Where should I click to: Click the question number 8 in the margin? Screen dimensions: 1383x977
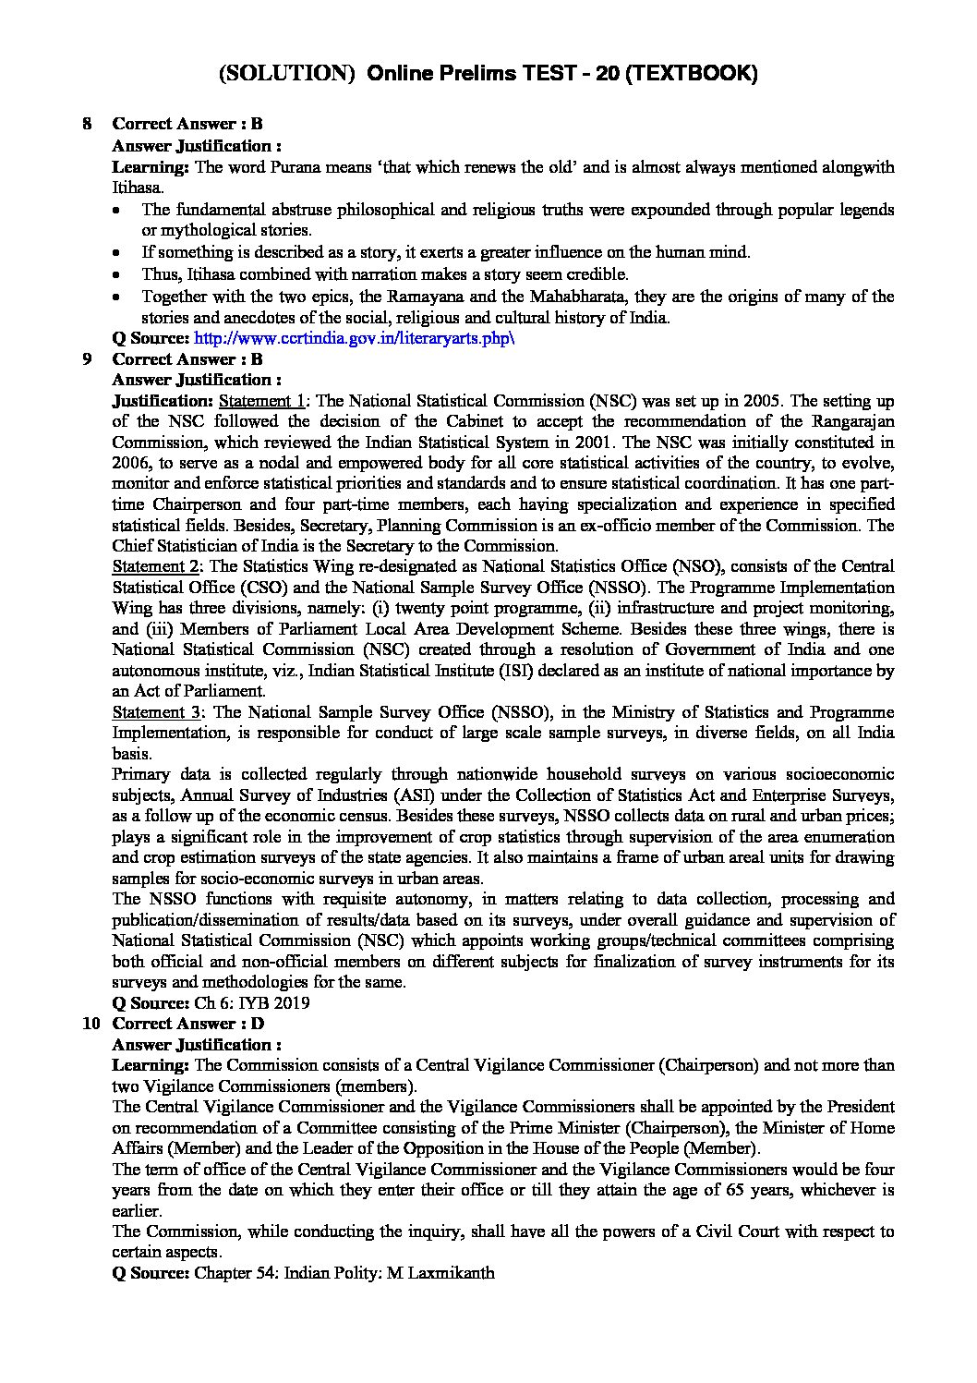click(x=88, y=124)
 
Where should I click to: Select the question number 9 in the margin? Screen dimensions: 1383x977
click(x=88, y=359)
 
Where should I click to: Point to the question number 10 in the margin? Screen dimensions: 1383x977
click(x=90, y=1024)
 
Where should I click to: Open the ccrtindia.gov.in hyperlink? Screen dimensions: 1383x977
click(x=355, y=338)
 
